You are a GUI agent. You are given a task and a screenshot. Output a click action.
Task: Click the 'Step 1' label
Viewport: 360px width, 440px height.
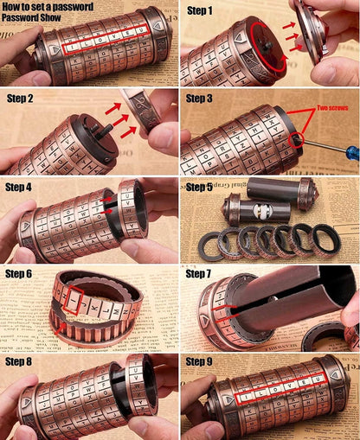[201, 10]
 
